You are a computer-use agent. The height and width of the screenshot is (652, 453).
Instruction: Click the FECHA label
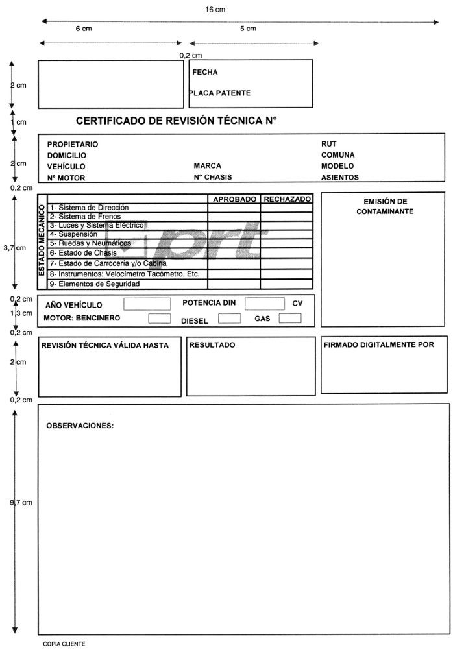click(205, 73)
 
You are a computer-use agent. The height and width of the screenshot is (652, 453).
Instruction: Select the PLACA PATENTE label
click(220, 93)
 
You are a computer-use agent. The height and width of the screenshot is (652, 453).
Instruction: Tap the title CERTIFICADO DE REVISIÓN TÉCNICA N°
click(177, 121)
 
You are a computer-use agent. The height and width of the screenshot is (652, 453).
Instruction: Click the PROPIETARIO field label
click(73, 144)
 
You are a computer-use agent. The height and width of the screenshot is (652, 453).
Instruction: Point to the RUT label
click(329, 144)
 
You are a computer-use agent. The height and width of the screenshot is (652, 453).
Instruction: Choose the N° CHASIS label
click(213, 177)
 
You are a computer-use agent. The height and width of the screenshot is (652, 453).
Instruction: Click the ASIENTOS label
click(340, 177)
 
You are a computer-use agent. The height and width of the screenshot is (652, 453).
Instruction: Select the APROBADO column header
click(234, 199)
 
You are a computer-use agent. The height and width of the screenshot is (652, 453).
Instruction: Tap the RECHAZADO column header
click(287, 199)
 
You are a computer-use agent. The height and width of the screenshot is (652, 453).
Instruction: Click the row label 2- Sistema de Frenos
click(85, 216)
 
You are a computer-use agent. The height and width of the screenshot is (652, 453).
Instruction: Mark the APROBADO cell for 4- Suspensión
click(234, 234)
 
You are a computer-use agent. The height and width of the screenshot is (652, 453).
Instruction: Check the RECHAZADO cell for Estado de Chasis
click(287, 252)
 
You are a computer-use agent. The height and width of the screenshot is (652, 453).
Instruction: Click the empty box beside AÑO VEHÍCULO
click(147, 304)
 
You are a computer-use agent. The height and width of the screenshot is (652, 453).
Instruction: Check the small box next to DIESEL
click(229, 319)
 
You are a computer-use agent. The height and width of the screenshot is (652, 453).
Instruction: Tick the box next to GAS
click(290, 318)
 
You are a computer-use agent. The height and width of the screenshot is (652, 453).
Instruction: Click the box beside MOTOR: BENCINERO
click(160, 319)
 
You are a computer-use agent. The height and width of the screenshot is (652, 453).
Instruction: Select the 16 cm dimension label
click(215, 10)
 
